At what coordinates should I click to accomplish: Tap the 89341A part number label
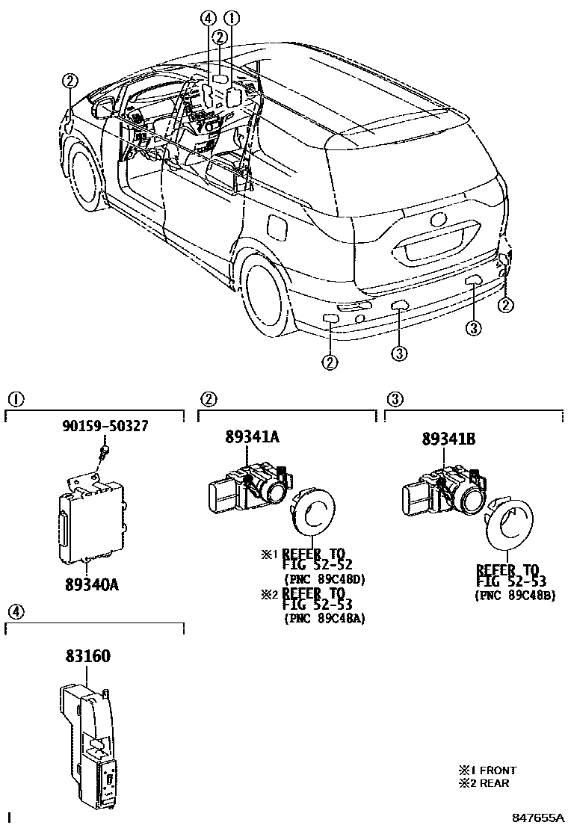pyautogui.click(x=252, y=438)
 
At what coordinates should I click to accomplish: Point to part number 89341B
pyautogui.click(x=448, y=440)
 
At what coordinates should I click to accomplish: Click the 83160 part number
pyautogui.click(x=87, y=657)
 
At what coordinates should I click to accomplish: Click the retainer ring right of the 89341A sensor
pyautogui.click(x=315, y=515)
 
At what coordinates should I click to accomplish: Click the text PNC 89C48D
pyautogui.click(x=324, y=578)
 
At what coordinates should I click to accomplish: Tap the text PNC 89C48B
pyautogui.click(x=515, y=596)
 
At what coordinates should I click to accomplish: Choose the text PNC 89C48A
pyautogui.click(x=324, y=619)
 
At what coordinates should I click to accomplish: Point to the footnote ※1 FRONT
pyautogui.click(x=488, y=770)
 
